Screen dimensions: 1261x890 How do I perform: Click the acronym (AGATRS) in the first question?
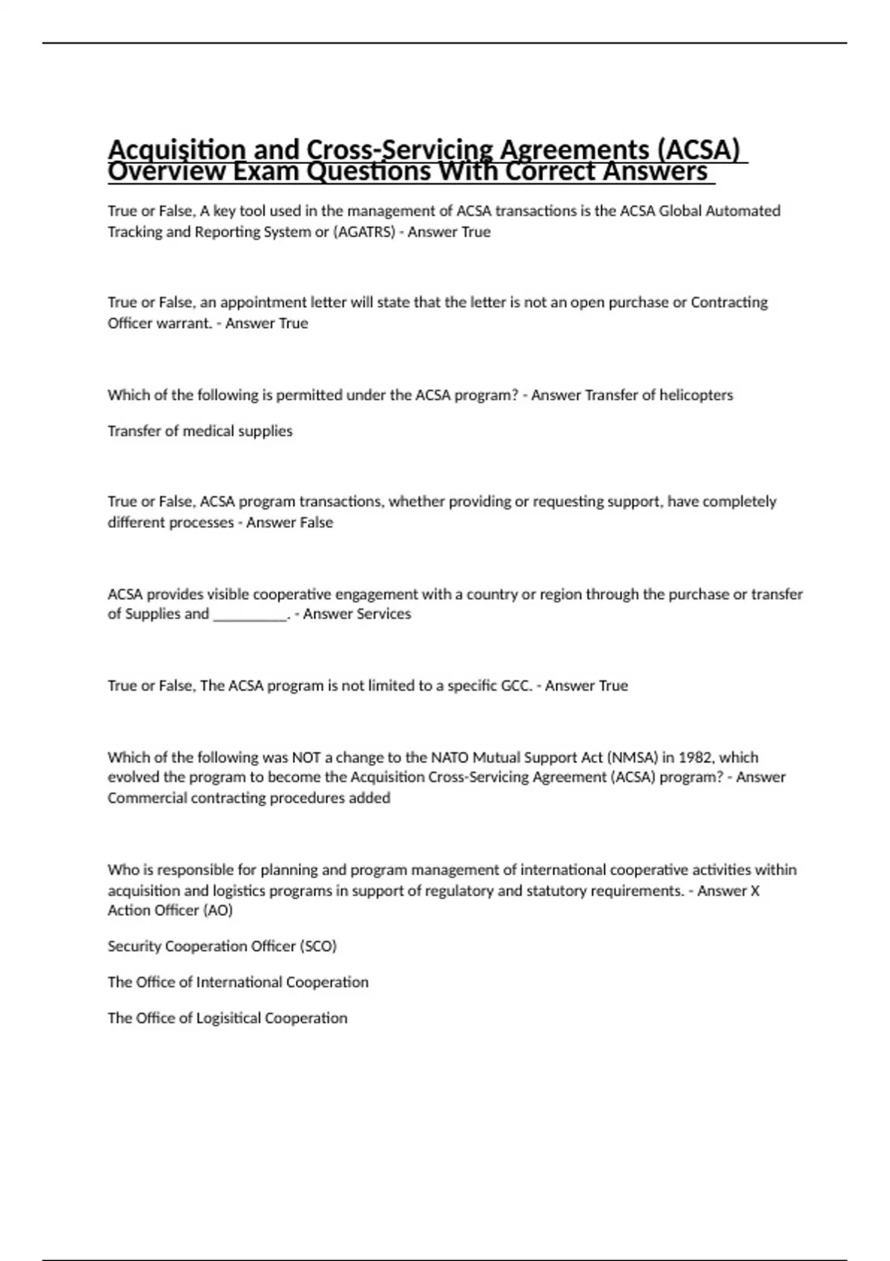tap(364, 232)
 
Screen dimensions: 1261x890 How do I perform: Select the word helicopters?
tap(696, 395)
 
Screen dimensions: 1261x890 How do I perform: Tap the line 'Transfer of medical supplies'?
tap(200, 431)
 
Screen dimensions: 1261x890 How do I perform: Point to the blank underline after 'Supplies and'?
tap(250, 614)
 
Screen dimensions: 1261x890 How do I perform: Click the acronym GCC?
tap(516, 686)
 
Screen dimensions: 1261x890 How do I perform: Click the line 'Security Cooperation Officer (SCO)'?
tap(222, 946)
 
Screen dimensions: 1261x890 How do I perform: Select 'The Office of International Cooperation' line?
tap(238, 982)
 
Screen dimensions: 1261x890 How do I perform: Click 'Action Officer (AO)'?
tap(170, 910)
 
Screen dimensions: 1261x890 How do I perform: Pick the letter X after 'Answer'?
tap(755, 891)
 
